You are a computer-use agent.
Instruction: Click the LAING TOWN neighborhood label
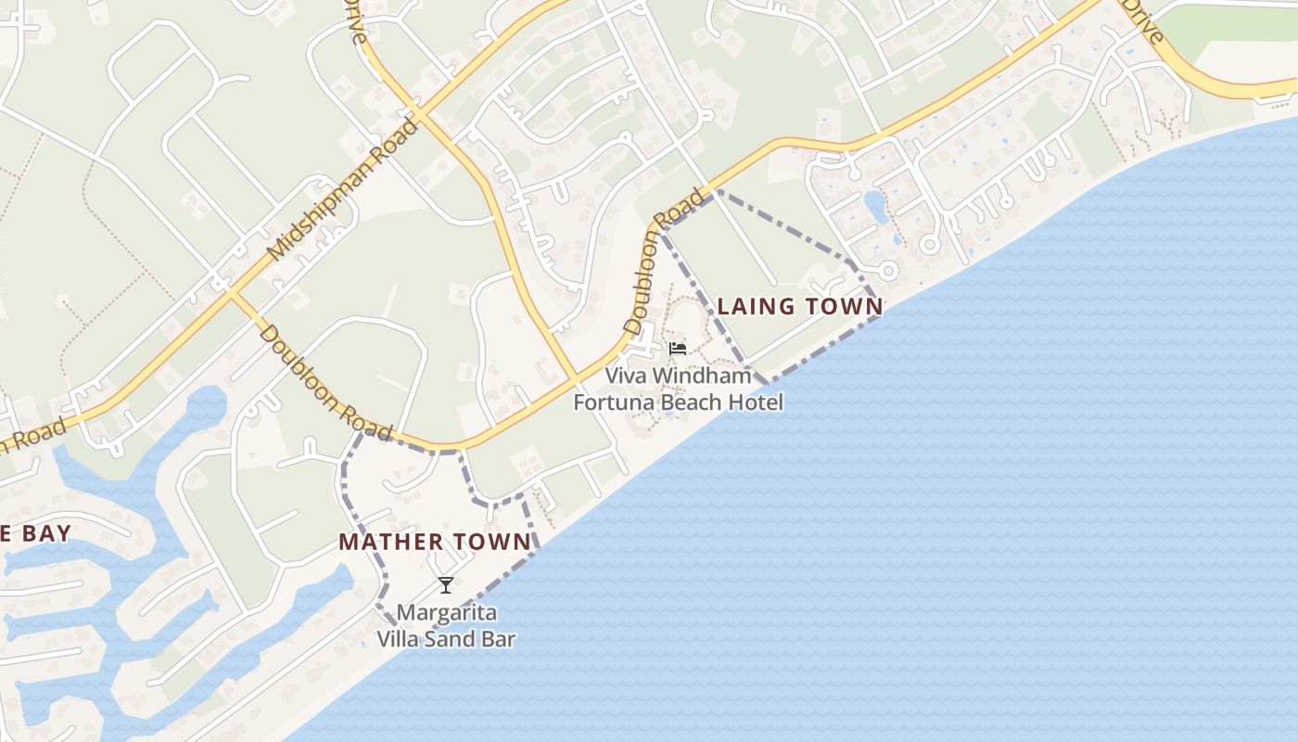[x=799, y=306]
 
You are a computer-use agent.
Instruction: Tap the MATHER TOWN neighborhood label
[x=435, y=542]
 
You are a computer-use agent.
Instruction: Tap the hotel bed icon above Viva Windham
[x=678, y=350]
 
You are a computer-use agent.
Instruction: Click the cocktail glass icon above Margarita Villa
[x=446, y=585]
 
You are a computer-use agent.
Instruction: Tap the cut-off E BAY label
[x=35, y=533]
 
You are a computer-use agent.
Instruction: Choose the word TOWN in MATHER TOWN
[x=494, y=542]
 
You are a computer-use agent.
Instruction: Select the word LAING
[x=757, y=306]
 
